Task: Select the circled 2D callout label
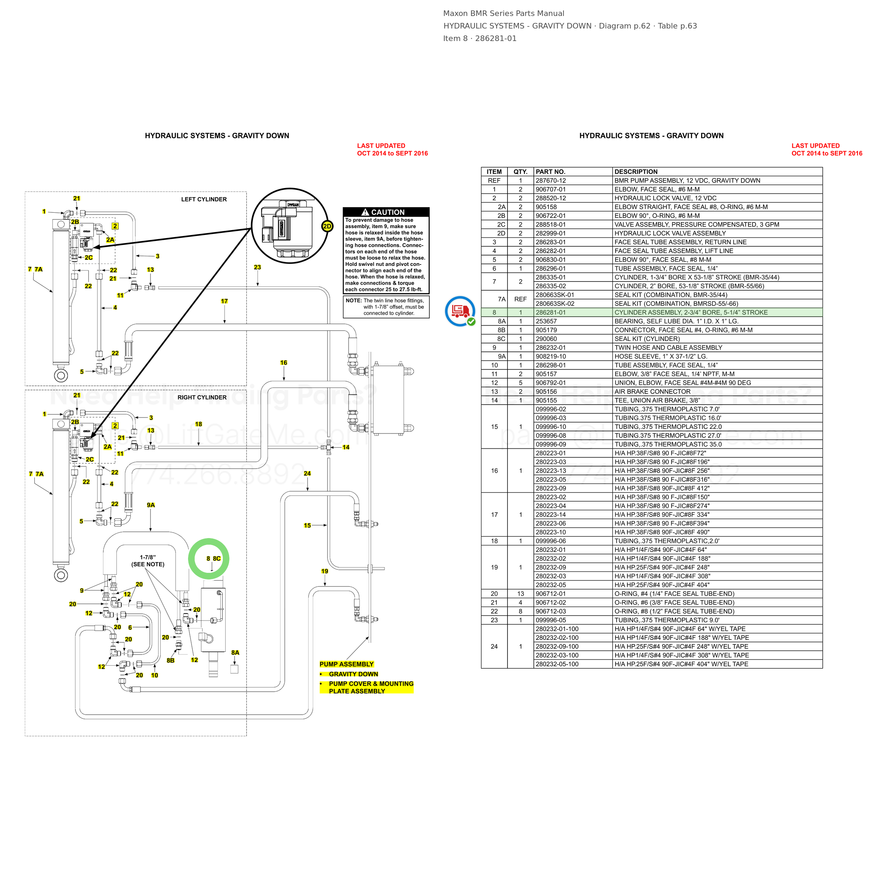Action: click(327, 227)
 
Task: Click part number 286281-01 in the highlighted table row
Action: click(551, 312)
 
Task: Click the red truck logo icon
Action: click(460, 311)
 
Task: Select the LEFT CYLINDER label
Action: click(204, 199)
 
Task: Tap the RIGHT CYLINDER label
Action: click(202, 398)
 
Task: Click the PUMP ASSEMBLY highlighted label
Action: click(346, 664)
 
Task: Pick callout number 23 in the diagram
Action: click(257, 267)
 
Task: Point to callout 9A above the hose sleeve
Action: click(151, 505)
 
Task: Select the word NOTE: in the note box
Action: click(354, 300)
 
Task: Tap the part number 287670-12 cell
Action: click(551, 181)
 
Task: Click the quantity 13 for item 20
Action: click(520, 594)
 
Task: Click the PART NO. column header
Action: click(551, 172)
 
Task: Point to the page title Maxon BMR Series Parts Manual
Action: click(504, 14)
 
